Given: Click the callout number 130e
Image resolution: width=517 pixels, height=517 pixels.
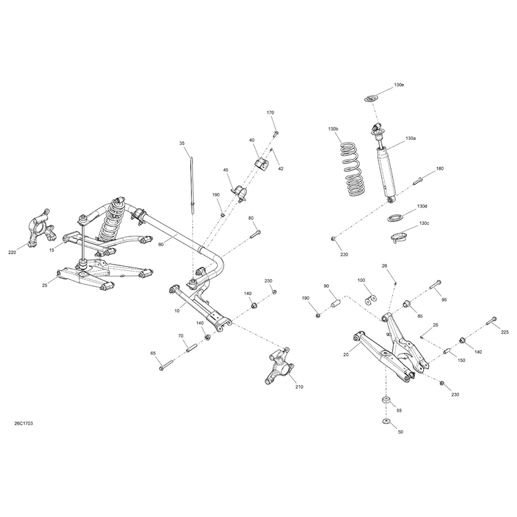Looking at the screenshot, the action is (398, 85).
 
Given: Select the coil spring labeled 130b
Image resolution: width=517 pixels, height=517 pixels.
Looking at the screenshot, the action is (353, 169).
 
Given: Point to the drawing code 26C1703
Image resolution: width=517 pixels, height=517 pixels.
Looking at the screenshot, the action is (23, 423).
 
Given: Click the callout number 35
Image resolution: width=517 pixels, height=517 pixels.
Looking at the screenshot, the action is (182, 143).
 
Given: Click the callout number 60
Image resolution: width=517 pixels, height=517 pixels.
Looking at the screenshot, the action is (161, 244).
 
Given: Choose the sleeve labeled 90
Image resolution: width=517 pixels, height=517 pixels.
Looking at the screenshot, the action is (334, 303).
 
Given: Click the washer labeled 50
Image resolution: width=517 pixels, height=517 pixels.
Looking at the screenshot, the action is (385, 421).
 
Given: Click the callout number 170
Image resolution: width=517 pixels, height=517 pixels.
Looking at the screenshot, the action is (270, 112).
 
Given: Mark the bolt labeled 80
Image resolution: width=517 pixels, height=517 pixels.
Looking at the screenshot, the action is (256, 234).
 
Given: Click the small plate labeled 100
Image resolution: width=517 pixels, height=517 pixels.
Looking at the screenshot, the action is (371, 300).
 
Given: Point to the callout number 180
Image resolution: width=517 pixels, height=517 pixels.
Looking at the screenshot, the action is (440, 168).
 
